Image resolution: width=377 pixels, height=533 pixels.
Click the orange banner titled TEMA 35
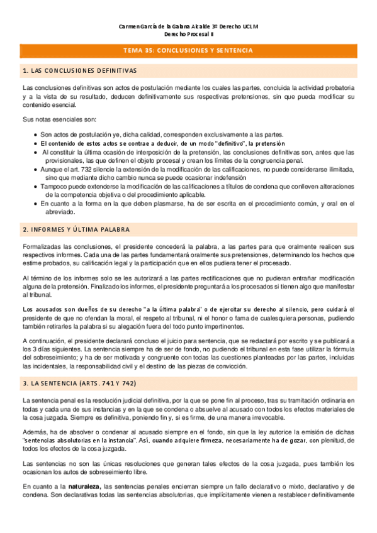(x=188, y=50)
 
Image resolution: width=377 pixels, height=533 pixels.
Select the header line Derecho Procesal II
(x=188, y=35)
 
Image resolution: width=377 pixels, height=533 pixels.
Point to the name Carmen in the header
(x=132, y=26)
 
